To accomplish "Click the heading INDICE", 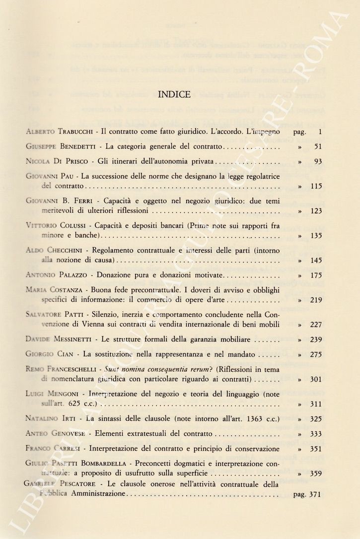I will [x=174, y=94].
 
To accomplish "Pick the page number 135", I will [x=316, y=236].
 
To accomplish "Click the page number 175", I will [x=316, y=275].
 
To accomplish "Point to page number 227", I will [x=316, y=325].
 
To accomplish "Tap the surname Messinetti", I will [x=73, y=340].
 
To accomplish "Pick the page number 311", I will [x=316, y=404].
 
